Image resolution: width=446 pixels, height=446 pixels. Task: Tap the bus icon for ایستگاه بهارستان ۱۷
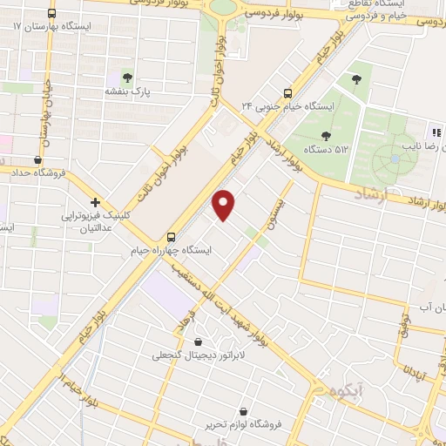pos(51,13)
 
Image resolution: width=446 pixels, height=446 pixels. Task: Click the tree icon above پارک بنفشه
pos(129,77)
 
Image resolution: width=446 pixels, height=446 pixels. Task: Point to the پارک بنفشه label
pos(129,91)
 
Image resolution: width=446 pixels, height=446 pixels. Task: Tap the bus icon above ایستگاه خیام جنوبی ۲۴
pos(288,93)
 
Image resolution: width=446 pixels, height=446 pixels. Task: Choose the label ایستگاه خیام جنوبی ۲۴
pos(288,106)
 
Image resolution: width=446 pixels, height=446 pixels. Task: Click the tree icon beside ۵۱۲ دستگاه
pos(326,135)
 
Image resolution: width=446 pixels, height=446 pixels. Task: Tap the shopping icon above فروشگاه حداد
pos(37,160)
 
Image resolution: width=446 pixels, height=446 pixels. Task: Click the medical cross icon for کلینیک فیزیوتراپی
pos(95,202)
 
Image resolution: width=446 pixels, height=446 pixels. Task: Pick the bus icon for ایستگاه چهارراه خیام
pos(172,236)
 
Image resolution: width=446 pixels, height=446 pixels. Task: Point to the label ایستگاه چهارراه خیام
pos(174,250)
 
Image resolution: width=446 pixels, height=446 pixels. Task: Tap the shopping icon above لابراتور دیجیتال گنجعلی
pos(201,341)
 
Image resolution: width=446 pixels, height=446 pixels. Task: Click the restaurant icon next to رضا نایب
pos(436,132)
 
